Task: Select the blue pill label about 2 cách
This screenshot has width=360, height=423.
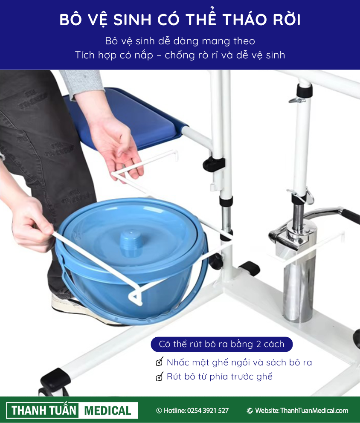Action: [x=221, y=344]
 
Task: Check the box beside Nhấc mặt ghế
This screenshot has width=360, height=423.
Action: [x=160, y=362]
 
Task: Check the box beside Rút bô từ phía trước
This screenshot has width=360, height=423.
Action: [x=160, y=376]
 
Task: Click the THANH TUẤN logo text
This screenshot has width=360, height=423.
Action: [x=44, y=411]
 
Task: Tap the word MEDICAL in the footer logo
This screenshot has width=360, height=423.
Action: [x=107, y=411]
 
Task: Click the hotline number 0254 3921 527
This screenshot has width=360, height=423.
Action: [x=208, y=411]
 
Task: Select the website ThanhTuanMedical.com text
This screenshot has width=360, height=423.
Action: [x=314, y=411]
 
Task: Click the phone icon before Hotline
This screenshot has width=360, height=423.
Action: [x=159, y=411]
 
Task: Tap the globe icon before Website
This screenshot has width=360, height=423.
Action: [x=250, y=411]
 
